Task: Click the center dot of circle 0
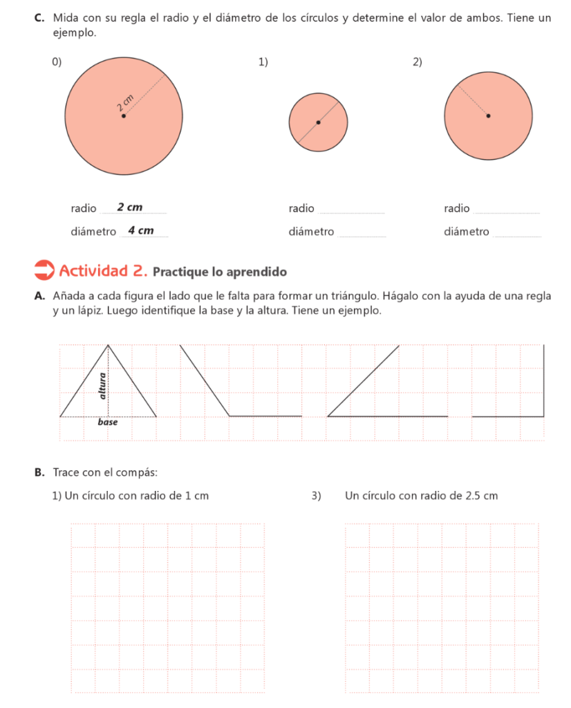(x=124, y=115)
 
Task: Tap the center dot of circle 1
(x=318, y=123)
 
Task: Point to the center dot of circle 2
(x=488, y=115)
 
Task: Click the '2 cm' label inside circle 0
(x=125, y=104)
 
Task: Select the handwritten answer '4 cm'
(x=141, y=231)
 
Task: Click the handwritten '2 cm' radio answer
(x=130, y=207)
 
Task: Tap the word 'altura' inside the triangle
(x=103, y=386)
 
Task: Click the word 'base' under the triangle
(x=107, y=422)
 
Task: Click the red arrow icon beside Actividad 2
(x=44, y=270)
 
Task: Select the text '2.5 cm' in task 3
(x=482, y=496)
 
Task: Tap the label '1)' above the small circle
(x=263, y=63)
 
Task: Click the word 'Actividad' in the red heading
(x=93, y=270)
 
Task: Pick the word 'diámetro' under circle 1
(x=312, y=232)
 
